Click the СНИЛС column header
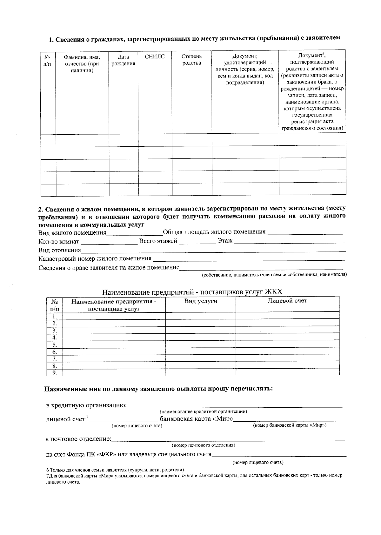[x=155, y=57]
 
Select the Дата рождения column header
[x=123, y=60]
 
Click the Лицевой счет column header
[x=287, y=301]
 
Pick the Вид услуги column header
[x=201, y=301]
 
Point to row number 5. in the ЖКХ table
[x=55, y=345]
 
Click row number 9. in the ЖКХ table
[x=55, y=373]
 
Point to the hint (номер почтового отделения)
[x=203, y=445]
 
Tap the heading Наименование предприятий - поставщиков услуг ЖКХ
[x=192, y=292]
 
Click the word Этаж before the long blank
[x=225, y=241]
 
